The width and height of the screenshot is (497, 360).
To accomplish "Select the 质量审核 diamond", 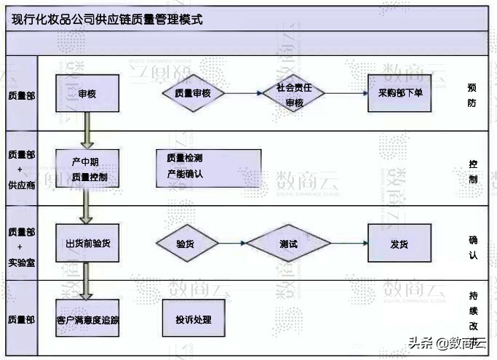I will point(192,93).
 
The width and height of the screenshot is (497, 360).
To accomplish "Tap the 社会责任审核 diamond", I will point(294,94).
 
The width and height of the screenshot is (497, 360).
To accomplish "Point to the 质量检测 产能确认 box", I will point(208,168).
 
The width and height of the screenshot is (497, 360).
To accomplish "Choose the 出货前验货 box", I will point(87,243).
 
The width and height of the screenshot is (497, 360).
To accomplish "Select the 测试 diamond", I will point(288,244).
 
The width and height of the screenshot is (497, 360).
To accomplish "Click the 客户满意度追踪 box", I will point(87,319).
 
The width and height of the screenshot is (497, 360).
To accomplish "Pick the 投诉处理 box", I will point(193,319).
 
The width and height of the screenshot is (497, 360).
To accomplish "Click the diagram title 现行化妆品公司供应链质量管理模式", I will point(108,20).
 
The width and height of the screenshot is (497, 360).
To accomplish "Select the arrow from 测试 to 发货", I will point(349,244).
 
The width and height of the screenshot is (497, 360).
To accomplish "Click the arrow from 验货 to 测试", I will point(230,244).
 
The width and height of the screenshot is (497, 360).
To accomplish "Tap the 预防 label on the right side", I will point(472,95).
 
